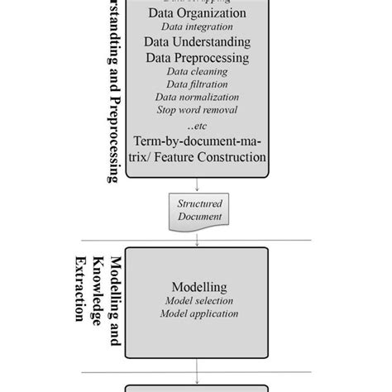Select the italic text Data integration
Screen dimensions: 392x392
click(x=196, y=27)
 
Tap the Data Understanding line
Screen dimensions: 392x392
click(x=196, y=42)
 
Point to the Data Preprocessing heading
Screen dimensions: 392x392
click(x=196, y=58)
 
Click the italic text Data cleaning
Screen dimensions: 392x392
click(x=196, y=72)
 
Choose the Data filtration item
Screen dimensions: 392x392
click(x=196, y=84)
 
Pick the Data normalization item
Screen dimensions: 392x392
click(x=196, y=97)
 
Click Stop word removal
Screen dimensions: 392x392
click(x=196, y=109)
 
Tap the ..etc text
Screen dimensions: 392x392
click(x=196, y=126)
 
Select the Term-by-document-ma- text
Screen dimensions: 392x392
click(x=196, y=141)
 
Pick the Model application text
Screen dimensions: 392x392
click(x=201, y=313)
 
